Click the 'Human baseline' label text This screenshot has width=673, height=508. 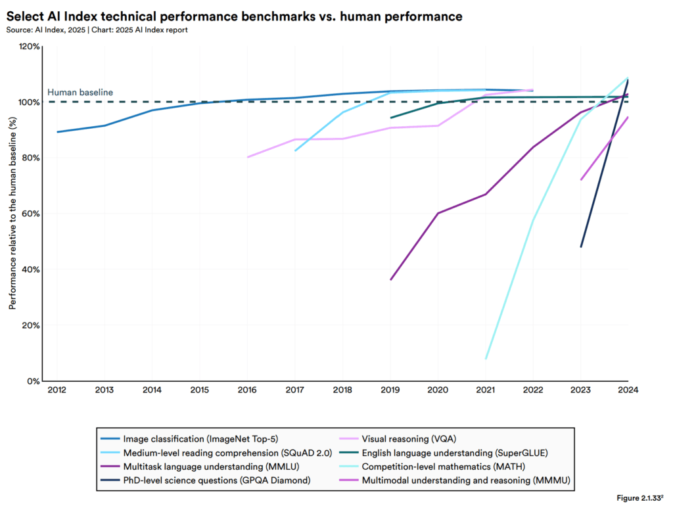(80, 93)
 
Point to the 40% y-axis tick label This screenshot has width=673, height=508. (31, 269)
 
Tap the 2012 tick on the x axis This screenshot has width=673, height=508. (57, 390)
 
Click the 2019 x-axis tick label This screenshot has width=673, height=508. (390, 390)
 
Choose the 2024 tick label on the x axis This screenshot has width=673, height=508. (628, 390)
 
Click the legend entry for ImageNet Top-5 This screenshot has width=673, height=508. (206, 438)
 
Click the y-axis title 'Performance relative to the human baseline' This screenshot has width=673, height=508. (13, 214)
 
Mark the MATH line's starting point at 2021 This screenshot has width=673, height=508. (486, 359)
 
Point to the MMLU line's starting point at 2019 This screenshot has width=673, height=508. (390, 280)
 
